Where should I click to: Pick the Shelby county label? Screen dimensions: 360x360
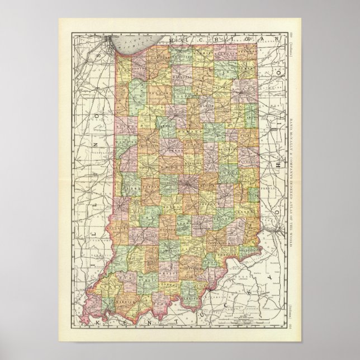pyautogui.click(x=207, y=203)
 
